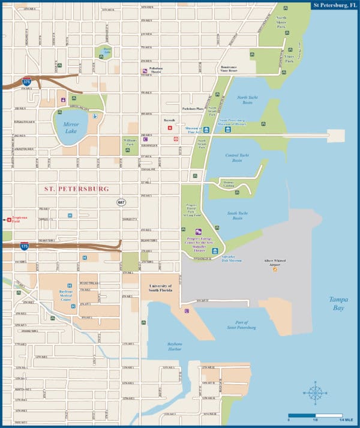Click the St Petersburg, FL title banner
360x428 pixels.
pyautogui.click(x=334, y=5)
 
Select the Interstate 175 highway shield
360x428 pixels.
pyautogui.click(x=24, y=246)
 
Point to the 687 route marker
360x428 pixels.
pyautogui.click(x=121, y=202)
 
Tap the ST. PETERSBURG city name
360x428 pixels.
pyautogui.click(x=77, y=188)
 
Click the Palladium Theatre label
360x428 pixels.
pyautogui.click(x=157, y=71)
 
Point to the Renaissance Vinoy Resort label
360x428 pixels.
pyautogui.click(x=229, y=69)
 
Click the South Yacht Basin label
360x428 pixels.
pyautogui.click(x=238, y=216)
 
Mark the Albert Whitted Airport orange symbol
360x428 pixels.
pyautogui.click(x=275, y=270)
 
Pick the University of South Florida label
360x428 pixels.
pyautogui.click(x=160, y=289)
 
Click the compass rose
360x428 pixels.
pyautogui.click(x=314, y=393)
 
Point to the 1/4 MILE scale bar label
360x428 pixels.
pyautogui.click(x=347, y=419)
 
